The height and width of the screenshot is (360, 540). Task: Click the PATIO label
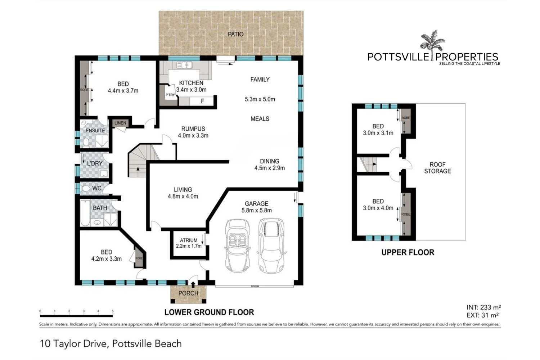click(235, 34)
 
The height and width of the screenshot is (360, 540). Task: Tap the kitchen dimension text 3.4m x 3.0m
click(191, 90)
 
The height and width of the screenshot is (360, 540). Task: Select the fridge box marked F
click(202, 101)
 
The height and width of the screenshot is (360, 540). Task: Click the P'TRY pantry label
click(170, 95)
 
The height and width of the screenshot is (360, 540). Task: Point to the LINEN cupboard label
click(120, 123)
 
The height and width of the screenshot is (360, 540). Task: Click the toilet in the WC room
click(86, 188)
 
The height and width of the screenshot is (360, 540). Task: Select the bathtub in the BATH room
click(85, 213)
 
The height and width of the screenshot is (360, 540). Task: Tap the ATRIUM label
click(189, 240)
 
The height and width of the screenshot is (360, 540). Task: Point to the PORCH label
click(188, 293)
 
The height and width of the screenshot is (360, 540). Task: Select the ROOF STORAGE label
click(437, 168)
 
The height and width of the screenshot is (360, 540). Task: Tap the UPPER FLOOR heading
click(408, 252)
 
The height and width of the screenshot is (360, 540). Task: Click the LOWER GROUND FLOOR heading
click(209, 312)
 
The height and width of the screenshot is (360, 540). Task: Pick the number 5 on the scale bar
click(113, 311)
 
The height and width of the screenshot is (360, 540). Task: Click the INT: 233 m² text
click(483, 307)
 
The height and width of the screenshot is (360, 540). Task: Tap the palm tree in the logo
click(432, 41)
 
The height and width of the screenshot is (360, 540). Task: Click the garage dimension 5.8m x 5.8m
click(256, 210)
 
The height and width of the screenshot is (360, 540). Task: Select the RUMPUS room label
click(193, 129)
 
